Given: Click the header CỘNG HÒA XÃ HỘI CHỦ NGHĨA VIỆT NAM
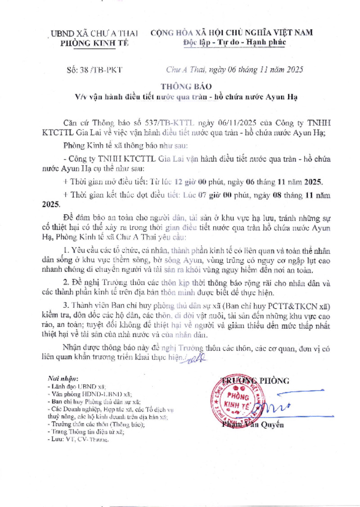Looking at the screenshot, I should click(x=232, y=32).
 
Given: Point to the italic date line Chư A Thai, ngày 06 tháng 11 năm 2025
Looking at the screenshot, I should click(x=234, y=70).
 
